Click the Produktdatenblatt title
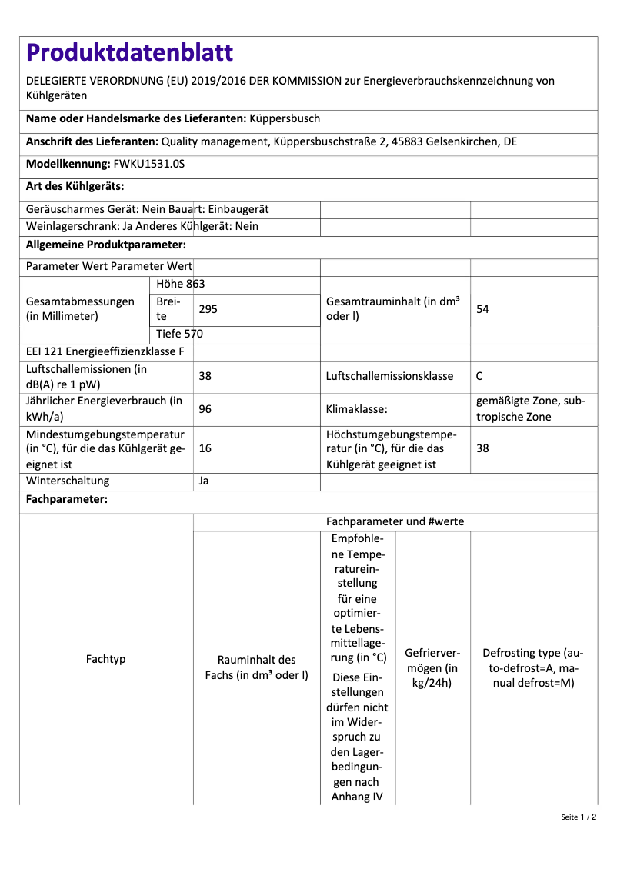(129, 52)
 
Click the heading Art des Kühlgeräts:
(75, 186)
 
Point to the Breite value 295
(208, 309)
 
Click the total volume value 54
(483, 309)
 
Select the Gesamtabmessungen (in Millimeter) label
(80, 309)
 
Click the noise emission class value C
(479, 376)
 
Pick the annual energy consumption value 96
(205, 409)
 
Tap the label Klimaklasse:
(357, 409)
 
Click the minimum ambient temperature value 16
(205, 448)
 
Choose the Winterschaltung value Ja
(204, 481)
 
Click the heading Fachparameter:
(67, 500)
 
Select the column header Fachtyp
(106, 660)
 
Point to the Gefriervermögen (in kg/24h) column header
(432, 667)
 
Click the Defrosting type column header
(533, 667)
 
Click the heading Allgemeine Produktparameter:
(106, 245)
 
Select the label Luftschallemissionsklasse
(389, 376)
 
